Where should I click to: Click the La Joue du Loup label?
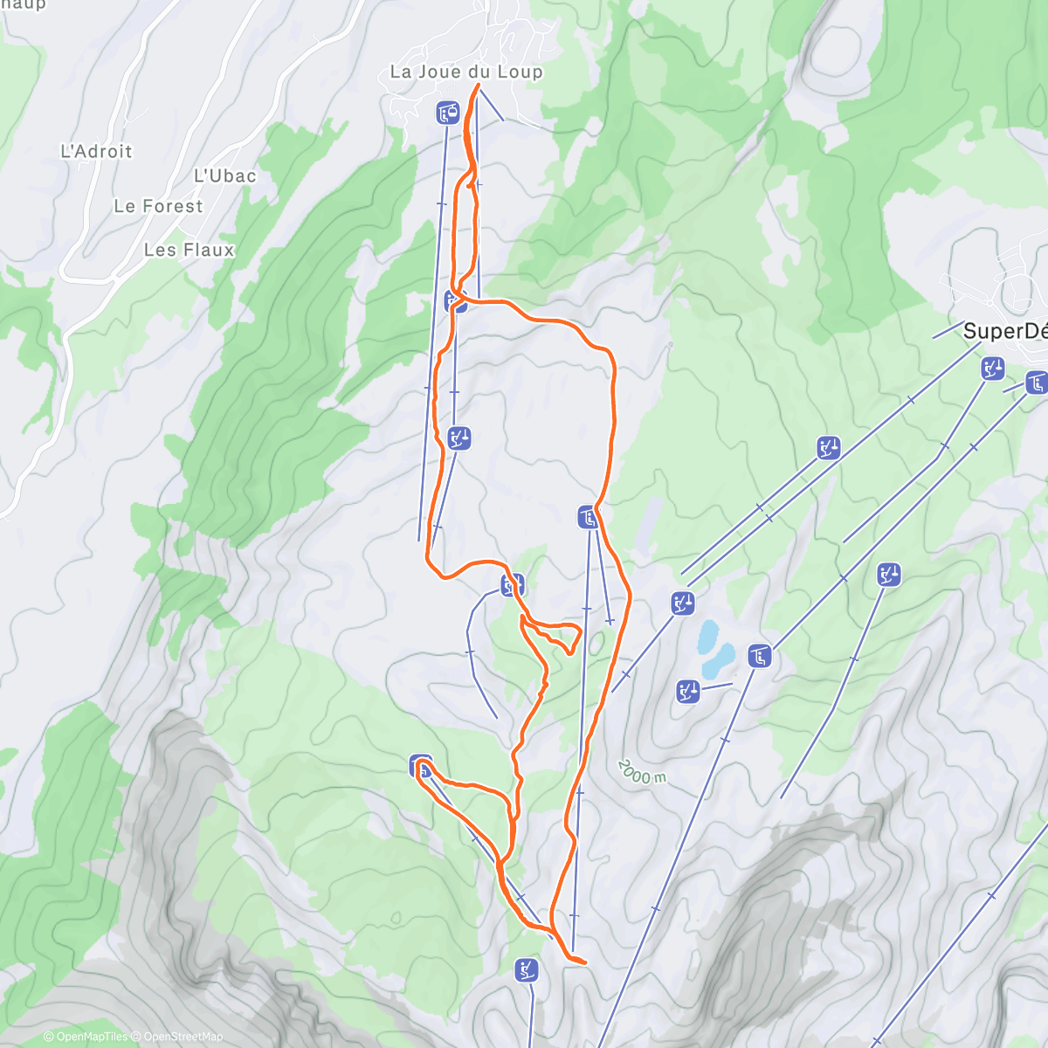[x=465, y=72]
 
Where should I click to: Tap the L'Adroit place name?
[x=96, y=151]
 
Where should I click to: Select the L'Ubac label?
[x=225, y=176]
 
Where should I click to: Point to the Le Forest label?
[x=158, y=206]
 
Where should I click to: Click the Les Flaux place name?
[x=190, y=250]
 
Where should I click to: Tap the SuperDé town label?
[x=1004, y=331]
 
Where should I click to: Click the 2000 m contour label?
[x=642, y=771]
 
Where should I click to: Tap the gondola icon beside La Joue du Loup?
[x=448, y=112]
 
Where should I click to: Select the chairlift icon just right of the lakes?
[x=759, y=655]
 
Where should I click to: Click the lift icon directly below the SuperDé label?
[x=992, y=369]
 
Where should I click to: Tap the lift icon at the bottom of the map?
[x=527, y=969]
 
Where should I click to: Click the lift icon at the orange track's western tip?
[x=421, y=767]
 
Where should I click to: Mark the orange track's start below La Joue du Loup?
[x=478, y=85]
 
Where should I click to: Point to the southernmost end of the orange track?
[x=583, y=962]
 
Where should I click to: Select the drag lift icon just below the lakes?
[x=688, y=693]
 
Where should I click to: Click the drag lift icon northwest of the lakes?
[x=683, y=603]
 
